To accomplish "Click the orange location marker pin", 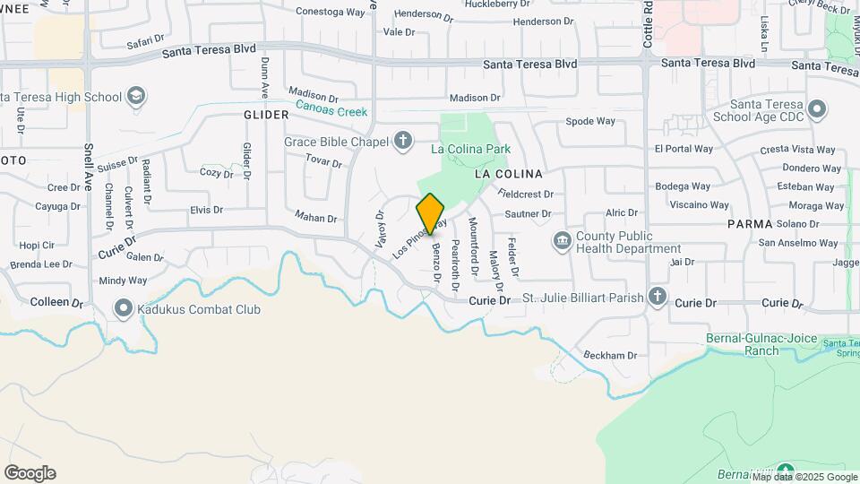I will tap(431, 213).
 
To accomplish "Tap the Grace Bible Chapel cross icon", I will tap(404, 140).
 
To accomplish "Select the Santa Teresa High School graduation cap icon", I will tap(136, 96).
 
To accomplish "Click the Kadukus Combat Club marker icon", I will tap(123, 309).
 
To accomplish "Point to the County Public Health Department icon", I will tap(562, 240).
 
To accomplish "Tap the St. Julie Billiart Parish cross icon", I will tap(658, 297).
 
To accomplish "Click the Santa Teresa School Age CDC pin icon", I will tap(816, 109).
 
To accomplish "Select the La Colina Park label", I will tap(470, 149).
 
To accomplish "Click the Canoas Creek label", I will tap(332, 112).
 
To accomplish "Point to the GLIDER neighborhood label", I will tap(266, 115).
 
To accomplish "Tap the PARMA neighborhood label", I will tap(750, 223).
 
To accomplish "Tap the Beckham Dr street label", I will tap(609, 355).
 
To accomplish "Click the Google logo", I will tap(30, 473).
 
